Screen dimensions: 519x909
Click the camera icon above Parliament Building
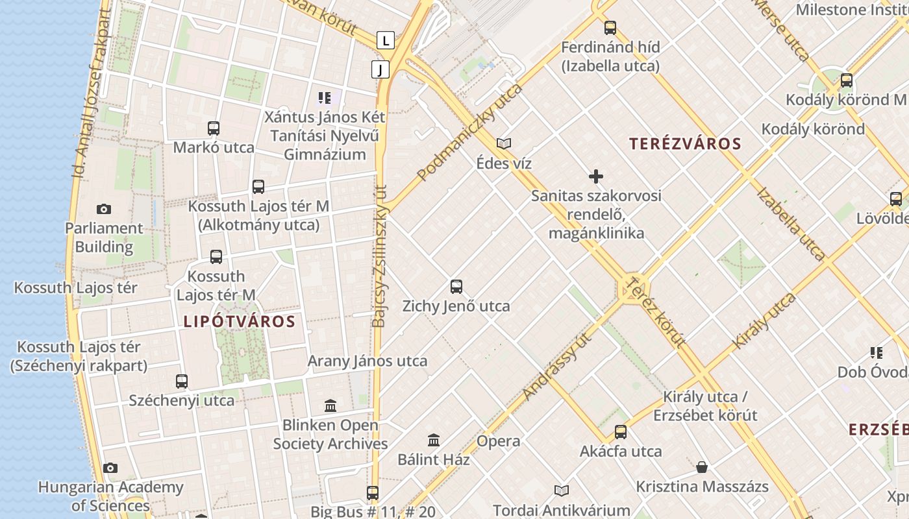pos(103,209)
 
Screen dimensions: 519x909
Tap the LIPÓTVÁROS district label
pos(239,321)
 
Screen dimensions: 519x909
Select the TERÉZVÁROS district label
pos(685,144)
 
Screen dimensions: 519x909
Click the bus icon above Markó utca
pos(214,128)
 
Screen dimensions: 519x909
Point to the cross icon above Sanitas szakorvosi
pos(595,176)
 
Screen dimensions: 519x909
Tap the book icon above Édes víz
pos(504,144)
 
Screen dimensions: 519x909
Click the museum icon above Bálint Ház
pos(434,441)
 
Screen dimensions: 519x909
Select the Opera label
pos(498,441)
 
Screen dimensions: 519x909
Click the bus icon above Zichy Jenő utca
pos(456,287)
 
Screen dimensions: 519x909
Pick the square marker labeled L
pos(386,40)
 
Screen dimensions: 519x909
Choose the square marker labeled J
pos(380,69)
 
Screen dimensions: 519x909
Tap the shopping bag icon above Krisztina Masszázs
pos(702,467)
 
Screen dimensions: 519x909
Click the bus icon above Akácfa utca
pos(621,432)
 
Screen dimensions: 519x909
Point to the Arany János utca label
pos(367,361)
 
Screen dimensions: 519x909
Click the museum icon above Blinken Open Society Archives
pos(330,406)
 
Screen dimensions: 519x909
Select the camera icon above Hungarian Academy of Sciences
pos(110,468)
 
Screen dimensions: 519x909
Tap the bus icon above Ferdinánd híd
pos(610,28)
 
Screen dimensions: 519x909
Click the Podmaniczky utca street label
pos(469,132)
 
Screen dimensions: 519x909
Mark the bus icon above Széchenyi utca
pos(182,381)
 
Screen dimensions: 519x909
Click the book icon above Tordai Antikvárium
pos(562,491)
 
